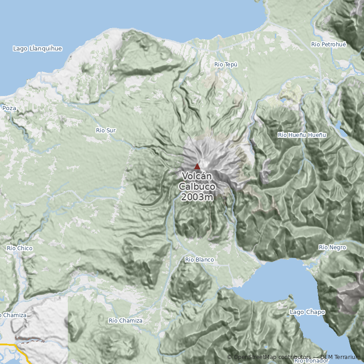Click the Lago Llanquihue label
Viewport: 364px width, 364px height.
click(37, 48)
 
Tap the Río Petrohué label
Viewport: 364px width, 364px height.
click(329, 44)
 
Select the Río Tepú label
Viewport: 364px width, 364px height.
click(226, 65)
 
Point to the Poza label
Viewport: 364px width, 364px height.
click(9, 108)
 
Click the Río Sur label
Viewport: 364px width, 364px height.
click(106, 131)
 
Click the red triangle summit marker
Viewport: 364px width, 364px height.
click(197, 167)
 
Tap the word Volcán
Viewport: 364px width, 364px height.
click(197, 177)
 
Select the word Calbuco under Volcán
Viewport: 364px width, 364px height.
click(197, 187)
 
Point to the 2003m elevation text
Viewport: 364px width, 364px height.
click(197, 197)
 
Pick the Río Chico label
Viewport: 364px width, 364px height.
click(20, 248)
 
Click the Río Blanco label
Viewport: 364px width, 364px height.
click(200, 260)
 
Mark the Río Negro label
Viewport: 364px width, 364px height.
click(332, 248)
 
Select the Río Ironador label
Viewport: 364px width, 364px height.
click(311, 361)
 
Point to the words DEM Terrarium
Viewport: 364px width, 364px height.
click(341, 357)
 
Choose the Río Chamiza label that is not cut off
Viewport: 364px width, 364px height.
click(126, 321)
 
